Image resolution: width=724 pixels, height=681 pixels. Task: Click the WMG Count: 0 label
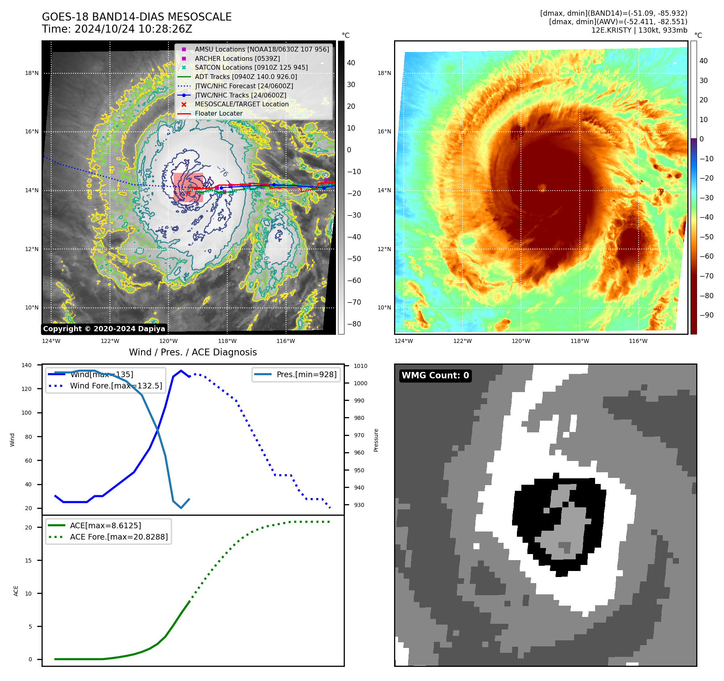click(x=435, y=376)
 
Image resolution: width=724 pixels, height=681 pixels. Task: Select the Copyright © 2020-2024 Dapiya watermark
click(x=104, y=329)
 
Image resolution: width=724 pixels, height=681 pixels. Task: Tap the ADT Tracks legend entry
click(x=246, y=77)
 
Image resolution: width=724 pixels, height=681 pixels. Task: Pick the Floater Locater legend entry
click(x=218, y=114)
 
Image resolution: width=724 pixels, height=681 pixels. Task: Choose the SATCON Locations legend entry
click(x=251, y=68)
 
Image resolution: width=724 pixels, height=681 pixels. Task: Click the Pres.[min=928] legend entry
click(x=306, y=374)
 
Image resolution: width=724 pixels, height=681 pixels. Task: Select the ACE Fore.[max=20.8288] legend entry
click(x=118, y=537)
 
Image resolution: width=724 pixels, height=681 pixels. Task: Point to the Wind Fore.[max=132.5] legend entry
click(x=116, y=386)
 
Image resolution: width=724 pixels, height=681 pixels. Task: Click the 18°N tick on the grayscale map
click(x=32, y=73)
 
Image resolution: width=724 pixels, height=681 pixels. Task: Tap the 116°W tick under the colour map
click(x=638, y=341)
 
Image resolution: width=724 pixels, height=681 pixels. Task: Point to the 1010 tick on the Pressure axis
click(x=361, y=366)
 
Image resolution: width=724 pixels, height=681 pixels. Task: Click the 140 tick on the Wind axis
click(x=27, y=365)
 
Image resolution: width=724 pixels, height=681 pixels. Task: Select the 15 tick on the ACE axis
click(x=28, y=561)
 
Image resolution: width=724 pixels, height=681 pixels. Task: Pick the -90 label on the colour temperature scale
click(x=706, y=315)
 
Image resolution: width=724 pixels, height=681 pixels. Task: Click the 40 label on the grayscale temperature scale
click(x=351, y=63)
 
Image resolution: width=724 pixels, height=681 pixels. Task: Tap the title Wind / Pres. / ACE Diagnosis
click(x=193, y=352)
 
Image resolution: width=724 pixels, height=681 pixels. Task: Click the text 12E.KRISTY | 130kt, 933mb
click(x=639, y=30)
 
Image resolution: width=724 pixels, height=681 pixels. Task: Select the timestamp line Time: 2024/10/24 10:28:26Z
click(x=117, y=29)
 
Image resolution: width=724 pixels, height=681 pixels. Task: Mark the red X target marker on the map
click(x=188, y=193)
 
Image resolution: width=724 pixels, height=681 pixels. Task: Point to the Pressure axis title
click(x=376, y=440)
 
